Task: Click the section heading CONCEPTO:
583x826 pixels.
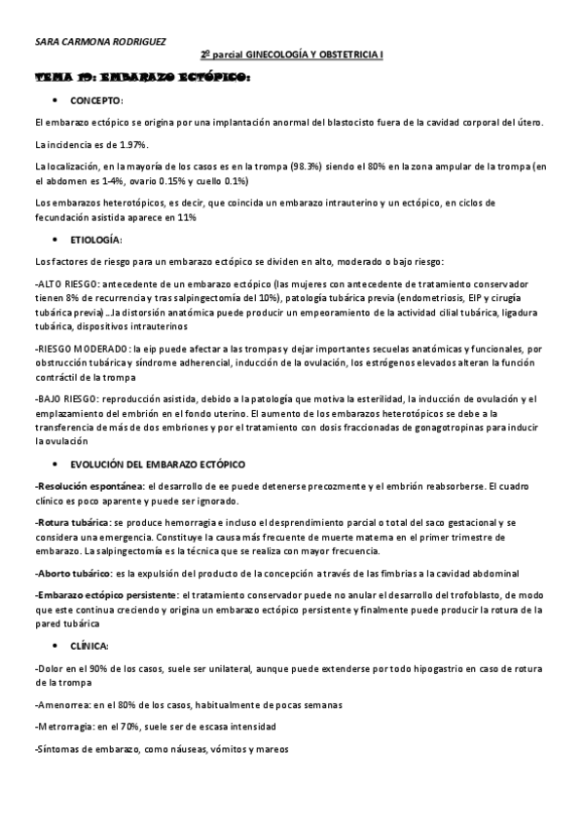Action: point(97,100)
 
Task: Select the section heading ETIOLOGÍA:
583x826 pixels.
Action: point(97,239)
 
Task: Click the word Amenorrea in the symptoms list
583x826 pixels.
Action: point(60,704)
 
